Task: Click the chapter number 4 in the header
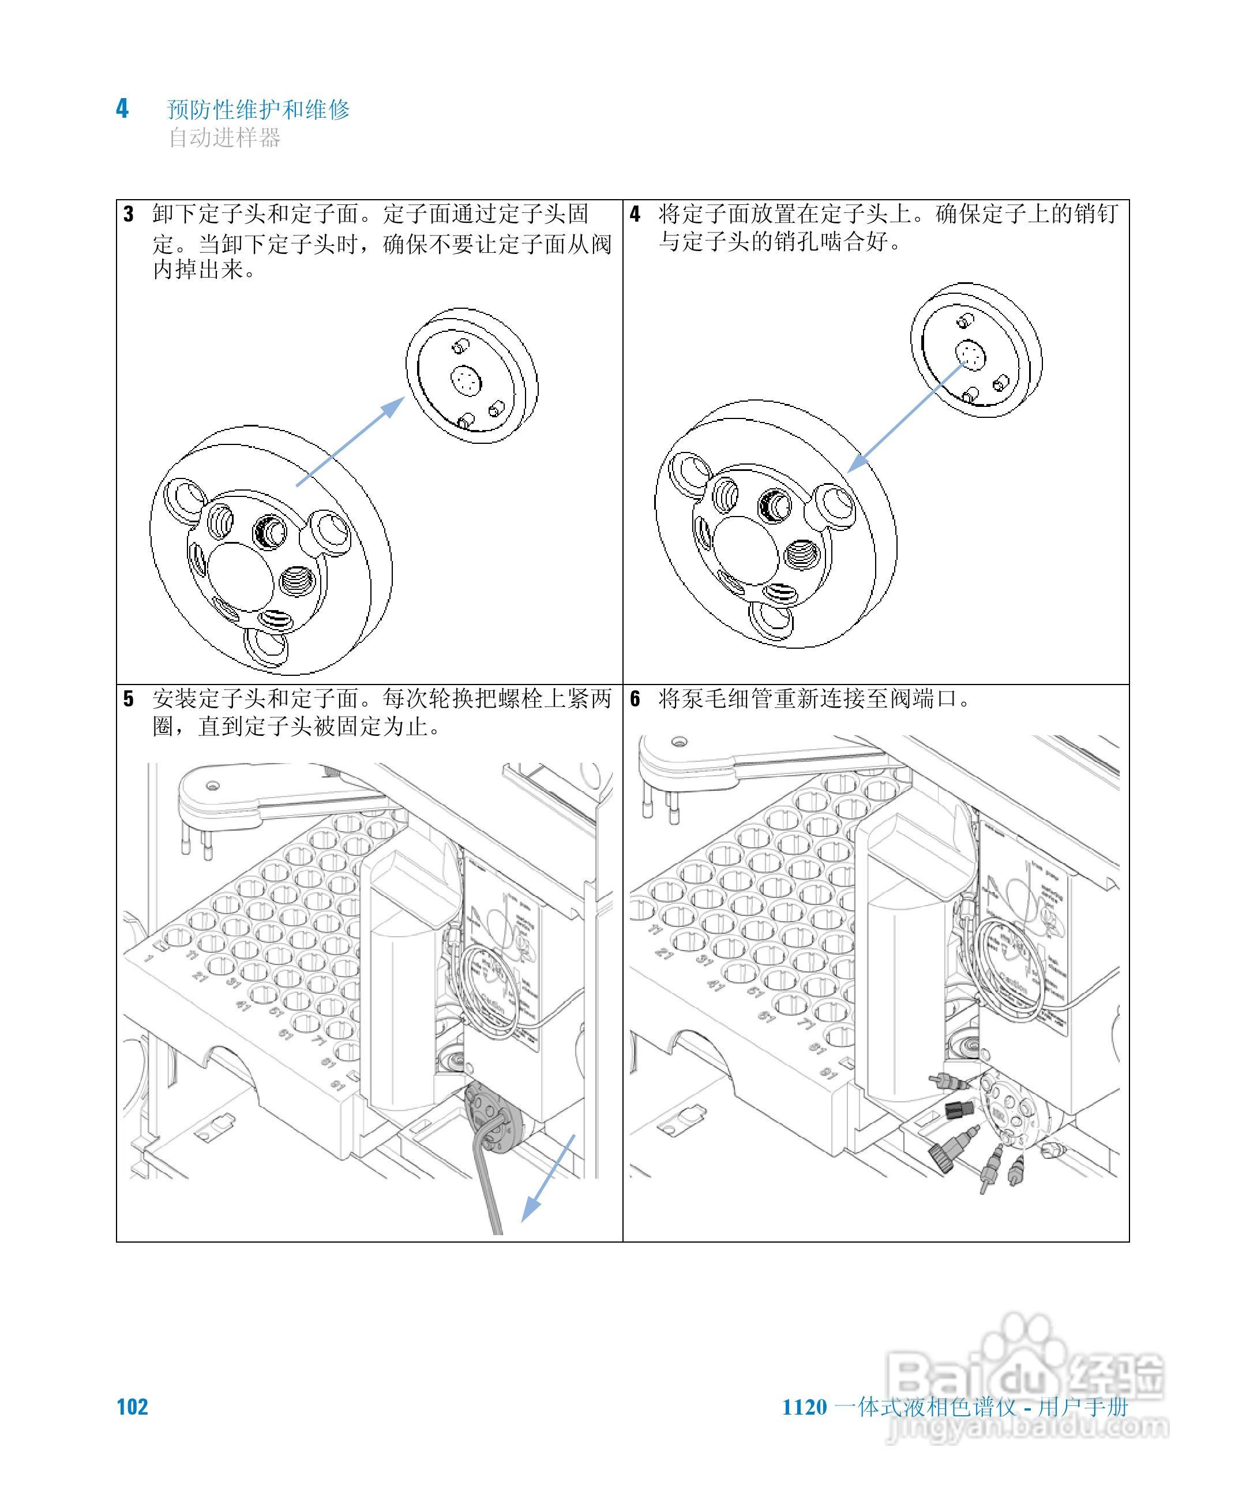coord(122,109)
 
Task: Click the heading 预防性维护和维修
coord(258,110)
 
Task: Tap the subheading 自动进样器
coord(224,137)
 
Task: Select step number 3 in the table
coord(128,214)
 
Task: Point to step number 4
coord(635,214)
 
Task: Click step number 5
coord(128,699)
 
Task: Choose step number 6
coord(635,699)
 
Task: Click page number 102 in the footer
coord(133,1407)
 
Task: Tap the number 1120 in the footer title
coord(805,1408)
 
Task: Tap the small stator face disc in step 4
coord(976,352)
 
